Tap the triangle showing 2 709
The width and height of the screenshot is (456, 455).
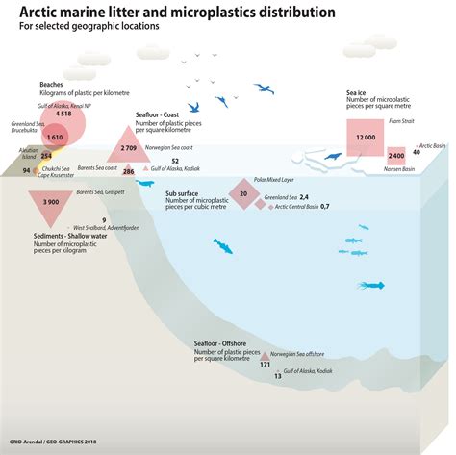tap(126, 148)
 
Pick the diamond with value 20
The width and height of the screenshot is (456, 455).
tap(243, 193)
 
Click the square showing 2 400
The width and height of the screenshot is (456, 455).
tap(396, 156)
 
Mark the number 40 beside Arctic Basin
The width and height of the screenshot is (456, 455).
tap(416, 151)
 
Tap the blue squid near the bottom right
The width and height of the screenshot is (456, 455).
tap(370, 285)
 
